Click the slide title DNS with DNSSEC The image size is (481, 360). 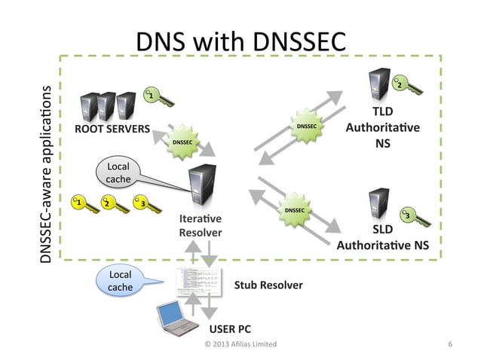[x=240, y=42]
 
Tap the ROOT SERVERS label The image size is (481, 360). [x=112, y=128]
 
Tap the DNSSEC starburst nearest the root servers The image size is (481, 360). [x=182, y=142]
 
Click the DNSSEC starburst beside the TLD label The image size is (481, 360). [x=306, y=127]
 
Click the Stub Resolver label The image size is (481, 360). [x=268, y=285]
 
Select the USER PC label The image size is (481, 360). [x=229, y=329]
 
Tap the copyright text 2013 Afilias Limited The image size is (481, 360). [x=240, y=344]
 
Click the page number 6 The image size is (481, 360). [x=449, y=344]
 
